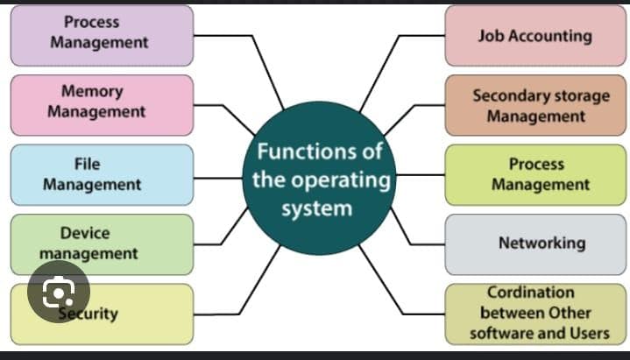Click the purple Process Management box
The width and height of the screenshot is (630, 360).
(102, 35)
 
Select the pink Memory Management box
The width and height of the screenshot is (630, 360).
(102, 104)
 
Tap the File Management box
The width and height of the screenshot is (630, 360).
(102, 174)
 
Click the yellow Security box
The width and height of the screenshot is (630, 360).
(123, 314)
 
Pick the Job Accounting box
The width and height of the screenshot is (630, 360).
(535, 35)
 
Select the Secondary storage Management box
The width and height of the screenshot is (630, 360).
(535, 104)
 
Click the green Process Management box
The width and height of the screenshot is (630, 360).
(535, 174)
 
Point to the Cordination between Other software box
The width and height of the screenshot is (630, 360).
(535, 314)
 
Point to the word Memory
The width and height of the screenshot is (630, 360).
(92, 91)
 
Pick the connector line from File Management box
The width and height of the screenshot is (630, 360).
(219, 174)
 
